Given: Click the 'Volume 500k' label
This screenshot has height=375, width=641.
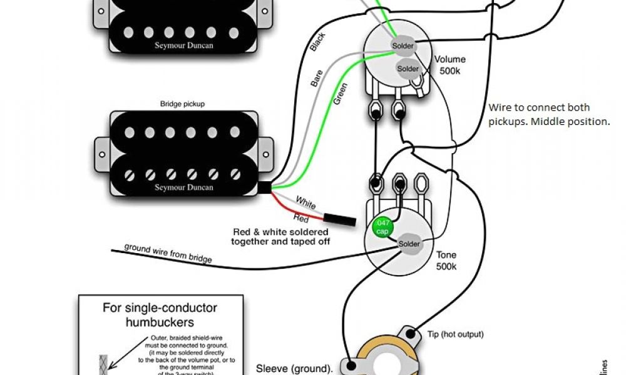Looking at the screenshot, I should click(x=450, y=65).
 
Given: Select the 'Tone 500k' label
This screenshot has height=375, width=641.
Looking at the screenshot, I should click(x=447, y=261).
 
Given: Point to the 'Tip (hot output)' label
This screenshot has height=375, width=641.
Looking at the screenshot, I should click(x=456, y=334).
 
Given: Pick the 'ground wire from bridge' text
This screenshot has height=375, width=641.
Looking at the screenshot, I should click(x=168, y=252).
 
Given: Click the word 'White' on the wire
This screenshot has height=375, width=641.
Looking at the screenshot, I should click(x=306, y=204).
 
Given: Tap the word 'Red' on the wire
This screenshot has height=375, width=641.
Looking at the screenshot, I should click(x=301, y=218).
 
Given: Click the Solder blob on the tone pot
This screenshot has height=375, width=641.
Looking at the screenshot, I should click(x=409, y=244).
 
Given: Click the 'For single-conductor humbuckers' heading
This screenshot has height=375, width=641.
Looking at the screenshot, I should click(x=160, y=315).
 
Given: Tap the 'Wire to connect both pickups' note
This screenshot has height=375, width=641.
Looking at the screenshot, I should click(x=548, y=114).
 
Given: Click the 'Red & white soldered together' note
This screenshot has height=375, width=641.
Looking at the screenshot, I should click(x=280, y=236).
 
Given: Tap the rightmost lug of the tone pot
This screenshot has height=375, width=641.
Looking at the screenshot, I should click(x=420, y=184).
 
